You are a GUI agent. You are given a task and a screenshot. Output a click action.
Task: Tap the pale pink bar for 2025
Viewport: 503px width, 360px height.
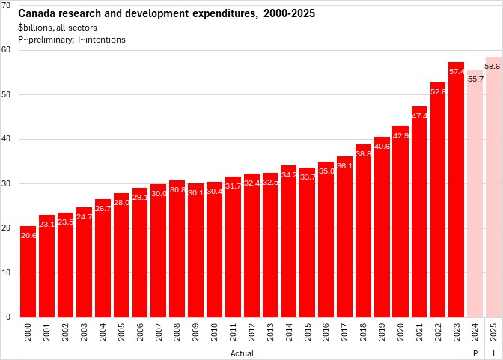[x=493, y=187]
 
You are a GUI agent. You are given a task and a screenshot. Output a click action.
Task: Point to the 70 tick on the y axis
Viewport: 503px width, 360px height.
[x=7, y=5]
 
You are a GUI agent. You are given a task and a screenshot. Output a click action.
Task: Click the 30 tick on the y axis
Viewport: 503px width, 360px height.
[x=7, y=183]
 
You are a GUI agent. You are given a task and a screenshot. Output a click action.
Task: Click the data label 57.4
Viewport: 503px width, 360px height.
[x=457, y=71]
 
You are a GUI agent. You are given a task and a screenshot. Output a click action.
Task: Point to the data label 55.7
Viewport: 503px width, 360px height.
[x=475, y=79]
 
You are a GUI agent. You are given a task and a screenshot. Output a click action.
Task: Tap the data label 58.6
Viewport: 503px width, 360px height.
[x=493, y=66]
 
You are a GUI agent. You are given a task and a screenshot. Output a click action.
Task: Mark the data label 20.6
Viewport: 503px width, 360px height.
[x=28, y=235]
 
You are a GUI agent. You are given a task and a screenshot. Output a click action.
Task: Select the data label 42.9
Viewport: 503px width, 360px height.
[x=401, y=135]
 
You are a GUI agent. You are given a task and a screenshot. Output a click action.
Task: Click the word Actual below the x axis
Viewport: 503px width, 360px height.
[x=242, y=352]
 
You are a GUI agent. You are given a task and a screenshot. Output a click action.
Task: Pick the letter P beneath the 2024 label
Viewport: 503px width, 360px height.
[x=475, y=352]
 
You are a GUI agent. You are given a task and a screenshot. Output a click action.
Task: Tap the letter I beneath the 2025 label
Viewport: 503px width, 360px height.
[x=493, y=352]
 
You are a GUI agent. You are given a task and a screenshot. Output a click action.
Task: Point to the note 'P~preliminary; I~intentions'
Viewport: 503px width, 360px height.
[x=72, y=39]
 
